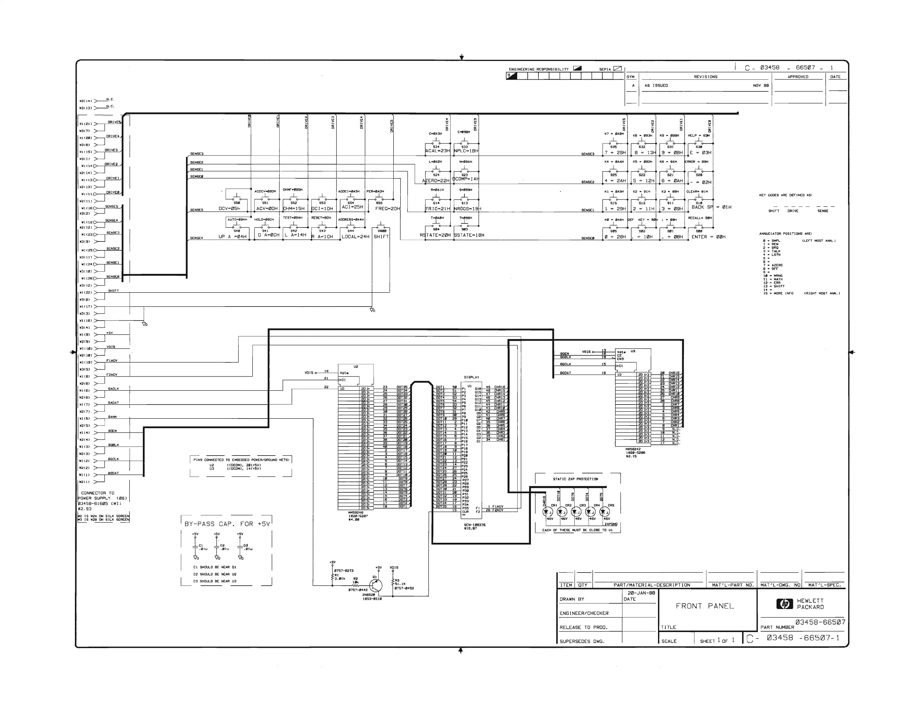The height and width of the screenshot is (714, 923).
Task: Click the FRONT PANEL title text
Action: coord(705,606)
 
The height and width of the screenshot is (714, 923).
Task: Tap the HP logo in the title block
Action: coord(785,604)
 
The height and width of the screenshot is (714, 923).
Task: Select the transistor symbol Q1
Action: coord(375,585)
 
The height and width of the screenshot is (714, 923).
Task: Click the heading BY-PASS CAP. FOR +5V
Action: coord(227,524)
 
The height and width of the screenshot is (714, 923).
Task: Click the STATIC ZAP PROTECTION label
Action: coord(575,479)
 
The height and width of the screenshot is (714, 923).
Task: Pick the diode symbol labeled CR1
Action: coord(548,512)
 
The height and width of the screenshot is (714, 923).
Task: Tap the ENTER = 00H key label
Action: coord(708,237)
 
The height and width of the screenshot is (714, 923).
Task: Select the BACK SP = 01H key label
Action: coord(711,207)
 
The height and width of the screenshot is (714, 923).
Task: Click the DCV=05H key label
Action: coord(229,209)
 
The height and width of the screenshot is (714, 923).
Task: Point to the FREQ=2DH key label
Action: coord(387,209)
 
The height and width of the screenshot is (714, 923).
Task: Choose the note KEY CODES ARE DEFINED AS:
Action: coord(785,195)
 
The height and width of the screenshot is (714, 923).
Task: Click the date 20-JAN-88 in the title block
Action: coord(641,593)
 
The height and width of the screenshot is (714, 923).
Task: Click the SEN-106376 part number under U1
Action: coord(474,525)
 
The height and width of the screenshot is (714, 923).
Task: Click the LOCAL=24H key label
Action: coord(355,237)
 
